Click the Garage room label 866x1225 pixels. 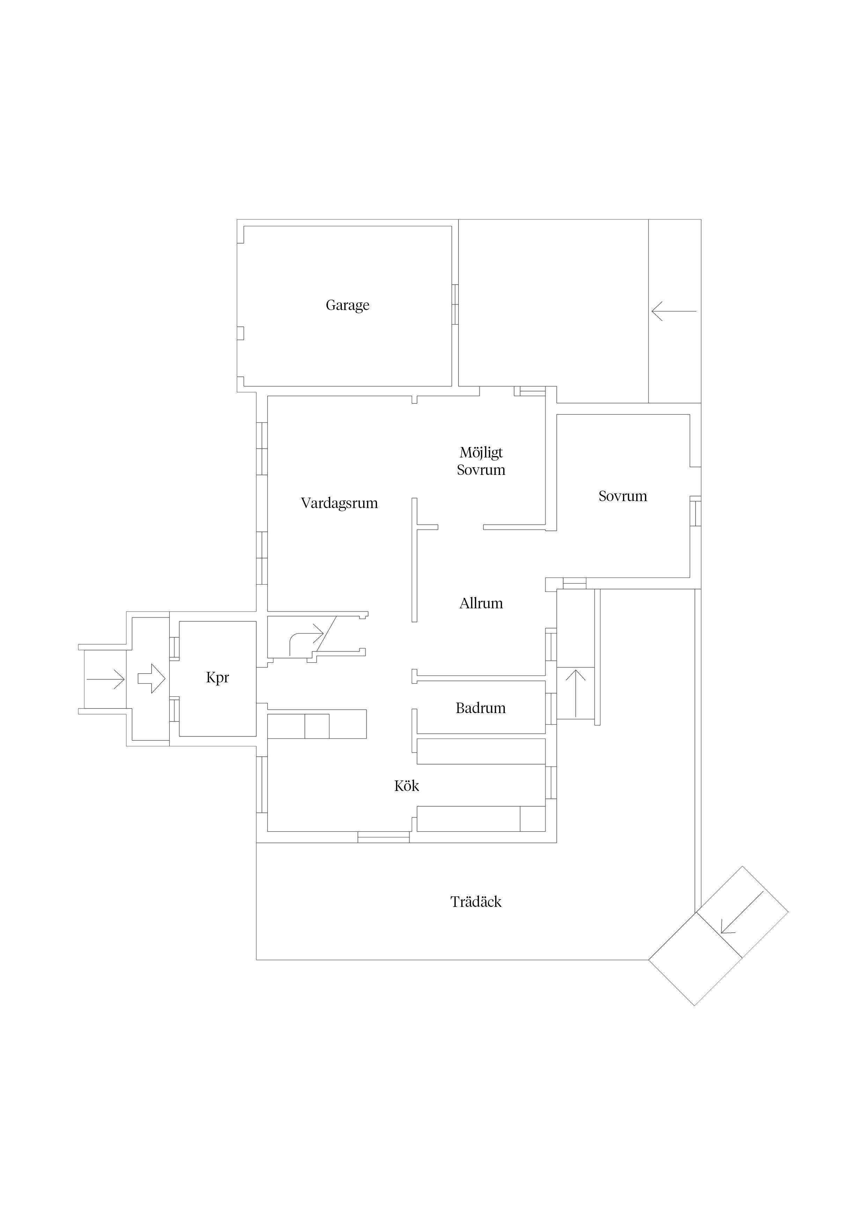click(347, 305)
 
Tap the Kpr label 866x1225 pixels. click(218, 677)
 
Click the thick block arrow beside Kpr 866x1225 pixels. click(152, 678)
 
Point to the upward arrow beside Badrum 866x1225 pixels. click(576, 693)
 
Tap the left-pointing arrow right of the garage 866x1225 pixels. click(674, 311)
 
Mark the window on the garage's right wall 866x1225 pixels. click(455, 304)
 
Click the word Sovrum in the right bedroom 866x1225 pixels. click(623, 496)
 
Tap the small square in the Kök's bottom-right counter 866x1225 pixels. click(533, 819)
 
